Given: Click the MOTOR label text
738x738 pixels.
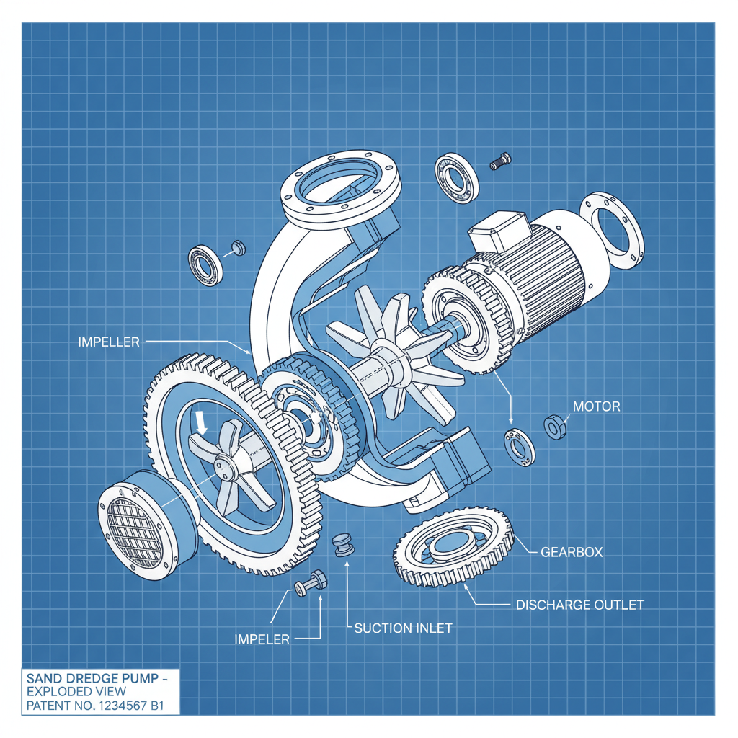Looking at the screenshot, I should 596,406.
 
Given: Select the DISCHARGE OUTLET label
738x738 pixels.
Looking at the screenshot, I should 579,604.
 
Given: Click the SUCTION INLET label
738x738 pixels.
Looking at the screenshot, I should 403,628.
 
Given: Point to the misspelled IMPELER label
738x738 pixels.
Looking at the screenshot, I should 262,639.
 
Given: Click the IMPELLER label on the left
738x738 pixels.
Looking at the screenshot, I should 108,342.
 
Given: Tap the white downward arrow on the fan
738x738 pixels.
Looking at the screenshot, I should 202,422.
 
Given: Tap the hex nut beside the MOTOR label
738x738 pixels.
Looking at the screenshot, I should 555,427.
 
